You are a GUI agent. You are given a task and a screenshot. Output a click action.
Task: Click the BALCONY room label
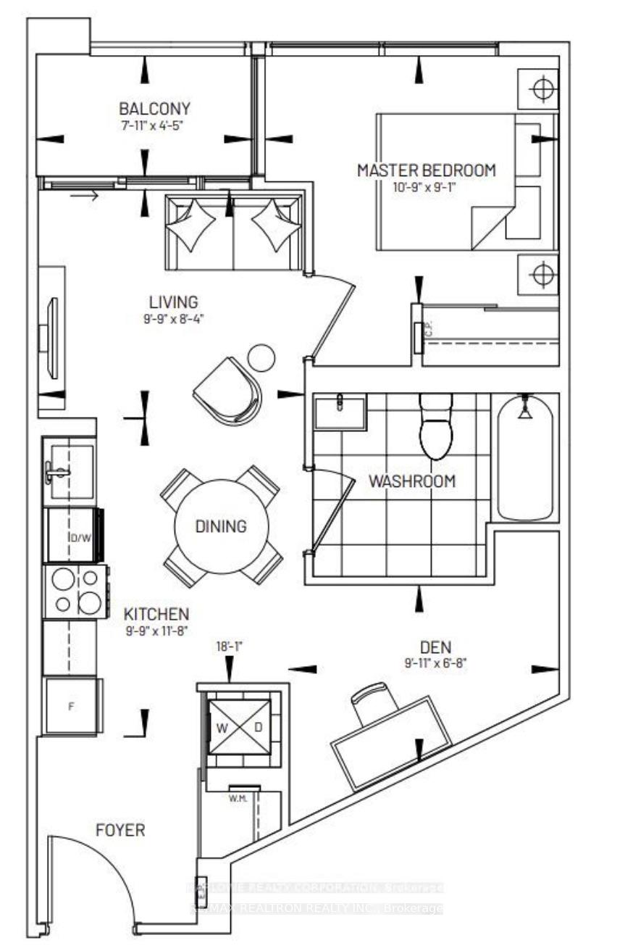(154, 109)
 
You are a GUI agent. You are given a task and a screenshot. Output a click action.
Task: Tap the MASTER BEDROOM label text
(427, 170)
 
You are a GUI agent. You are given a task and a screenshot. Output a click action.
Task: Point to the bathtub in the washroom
(525, 457)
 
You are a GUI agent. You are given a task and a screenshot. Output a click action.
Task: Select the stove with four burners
(75, 591)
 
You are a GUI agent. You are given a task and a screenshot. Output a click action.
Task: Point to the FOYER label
(121, 830)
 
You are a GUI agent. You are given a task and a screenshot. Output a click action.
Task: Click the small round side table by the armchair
(261, 357)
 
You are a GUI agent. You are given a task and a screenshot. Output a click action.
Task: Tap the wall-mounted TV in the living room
(52, 338)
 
